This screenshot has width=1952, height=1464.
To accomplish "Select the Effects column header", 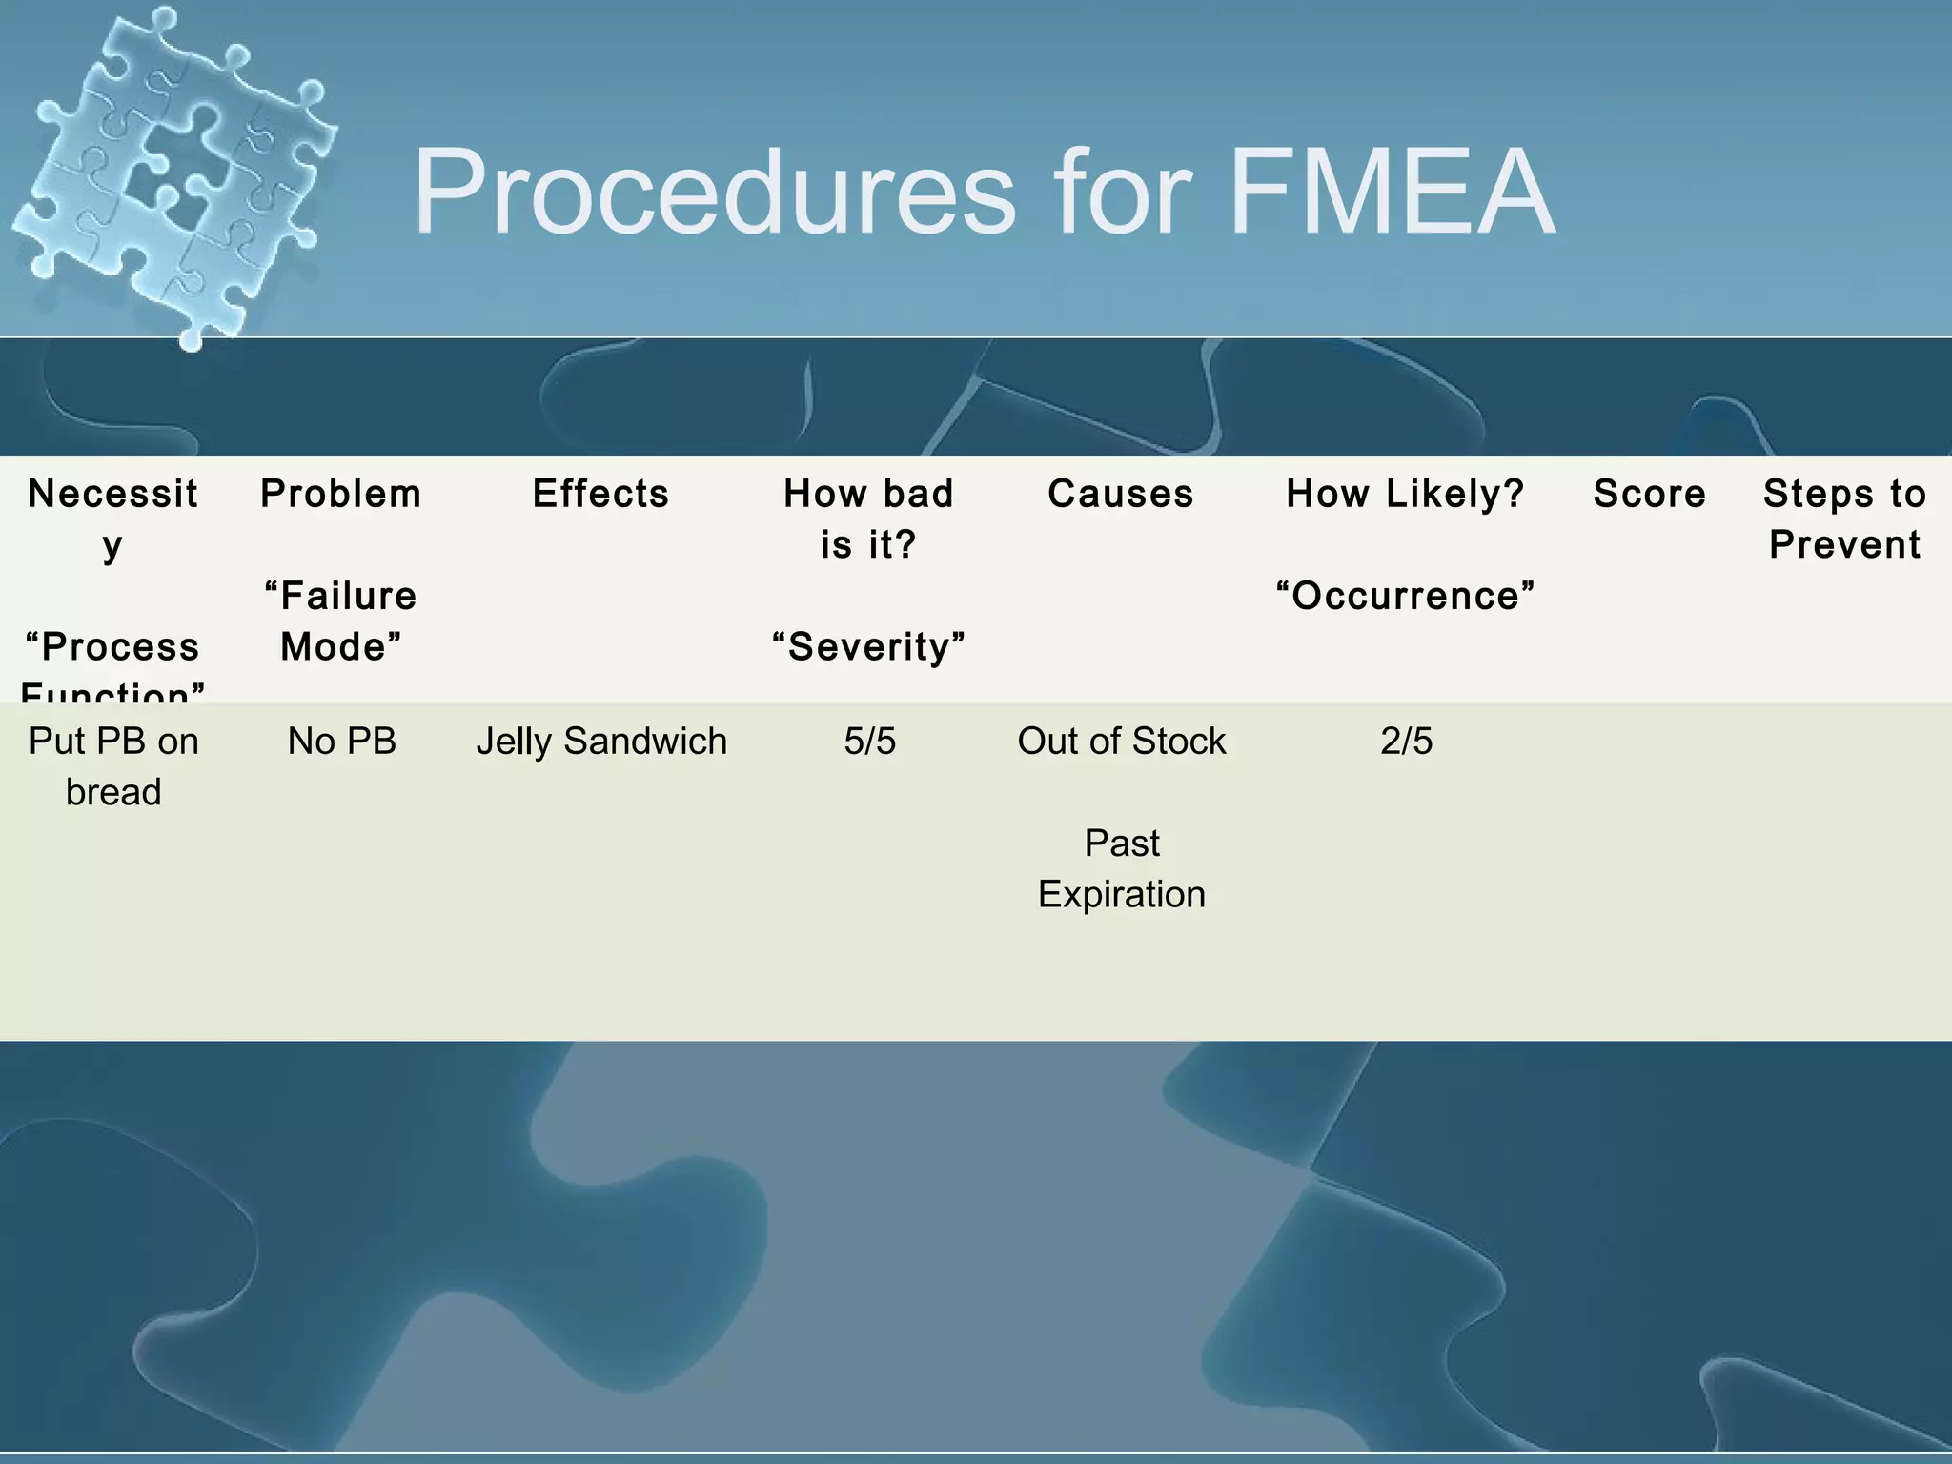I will click(600, 494).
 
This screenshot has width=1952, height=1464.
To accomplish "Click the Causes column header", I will click(1121, 494).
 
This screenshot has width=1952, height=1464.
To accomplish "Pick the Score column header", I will click(1649, 494).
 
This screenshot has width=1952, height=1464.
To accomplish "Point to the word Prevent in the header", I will click(1844, 545).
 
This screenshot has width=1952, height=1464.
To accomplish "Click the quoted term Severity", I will click(868, 647).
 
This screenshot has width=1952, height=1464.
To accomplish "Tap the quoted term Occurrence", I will click(1406, 597).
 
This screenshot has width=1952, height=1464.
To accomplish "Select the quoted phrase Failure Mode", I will click(341, 621).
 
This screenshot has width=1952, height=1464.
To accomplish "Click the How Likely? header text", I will click(1406, 494).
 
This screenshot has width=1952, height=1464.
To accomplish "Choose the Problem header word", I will click(341, 494).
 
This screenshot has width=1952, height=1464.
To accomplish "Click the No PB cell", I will click(341, 742).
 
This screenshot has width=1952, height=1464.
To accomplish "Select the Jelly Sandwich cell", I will click(601, 742).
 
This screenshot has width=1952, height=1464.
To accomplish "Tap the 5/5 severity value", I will click(869, 742).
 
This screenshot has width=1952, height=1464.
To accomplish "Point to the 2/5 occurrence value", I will click(1406, 742).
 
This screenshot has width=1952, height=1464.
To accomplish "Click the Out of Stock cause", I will click(1122, 742).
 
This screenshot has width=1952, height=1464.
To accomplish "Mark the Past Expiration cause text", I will click(1122, 869).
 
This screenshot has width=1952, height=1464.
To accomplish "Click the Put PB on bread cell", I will click(113, 766).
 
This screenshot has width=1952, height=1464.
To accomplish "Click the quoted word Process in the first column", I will click(113, 647).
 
